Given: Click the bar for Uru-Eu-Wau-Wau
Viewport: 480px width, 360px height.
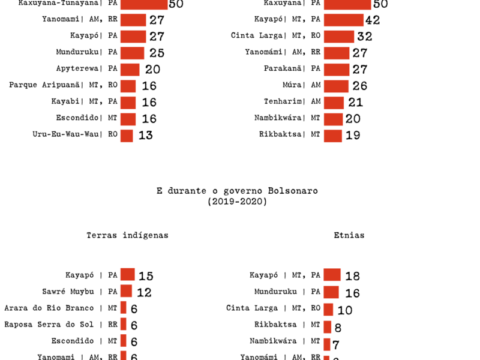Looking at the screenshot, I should click(127, 135).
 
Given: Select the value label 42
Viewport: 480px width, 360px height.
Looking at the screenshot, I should click(372, 20).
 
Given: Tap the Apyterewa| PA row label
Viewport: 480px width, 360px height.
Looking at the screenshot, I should click(87, 69).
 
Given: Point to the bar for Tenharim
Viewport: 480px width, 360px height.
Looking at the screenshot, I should click(334, 103).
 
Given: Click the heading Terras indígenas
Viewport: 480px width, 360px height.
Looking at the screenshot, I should click(127, 235).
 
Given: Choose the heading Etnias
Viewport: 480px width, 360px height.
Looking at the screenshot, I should click(349, 235).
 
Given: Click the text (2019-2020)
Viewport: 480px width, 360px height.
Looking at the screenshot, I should click(238, 202).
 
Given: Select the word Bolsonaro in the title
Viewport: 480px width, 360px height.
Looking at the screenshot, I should click(293, 191).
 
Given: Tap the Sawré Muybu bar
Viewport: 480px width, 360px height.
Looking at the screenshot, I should click(126, 292).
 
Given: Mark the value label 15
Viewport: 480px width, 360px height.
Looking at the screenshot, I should click(146, 276).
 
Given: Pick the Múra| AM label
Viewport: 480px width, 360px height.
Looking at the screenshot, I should click(302, 85).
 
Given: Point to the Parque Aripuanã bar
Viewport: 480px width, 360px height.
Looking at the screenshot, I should click(128, 86).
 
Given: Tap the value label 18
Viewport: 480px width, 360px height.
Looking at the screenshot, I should click(352, 276).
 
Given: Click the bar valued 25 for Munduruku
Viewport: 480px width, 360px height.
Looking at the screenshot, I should click(132, 53).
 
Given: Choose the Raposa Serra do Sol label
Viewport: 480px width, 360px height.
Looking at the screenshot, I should click(61, 324).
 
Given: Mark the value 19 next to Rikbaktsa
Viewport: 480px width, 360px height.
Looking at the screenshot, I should click(352, 135).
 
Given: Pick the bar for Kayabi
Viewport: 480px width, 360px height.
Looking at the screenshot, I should click(128, 103).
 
